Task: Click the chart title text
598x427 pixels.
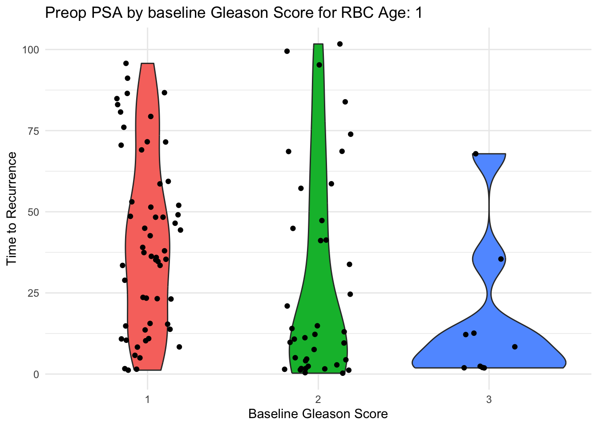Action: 233,13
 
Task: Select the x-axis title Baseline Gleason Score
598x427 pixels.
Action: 318,414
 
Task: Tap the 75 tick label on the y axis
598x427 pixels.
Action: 34,131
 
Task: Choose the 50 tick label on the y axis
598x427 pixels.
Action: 34,212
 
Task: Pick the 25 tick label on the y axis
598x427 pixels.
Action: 34,293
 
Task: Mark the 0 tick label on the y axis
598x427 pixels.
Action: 36,374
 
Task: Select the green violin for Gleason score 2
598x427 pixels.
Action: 318,311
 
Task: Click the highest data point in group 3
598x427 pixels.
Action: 475,154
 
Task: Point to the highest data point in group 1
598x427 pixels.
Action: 126,63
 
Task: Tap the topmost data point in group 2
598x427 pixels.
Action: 340,44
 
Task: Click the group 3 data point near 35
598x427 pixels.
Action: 501,259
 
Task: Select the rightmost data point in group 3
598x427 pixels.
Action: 515,347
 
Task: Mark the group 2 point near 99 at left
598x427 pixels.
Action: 287,51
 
